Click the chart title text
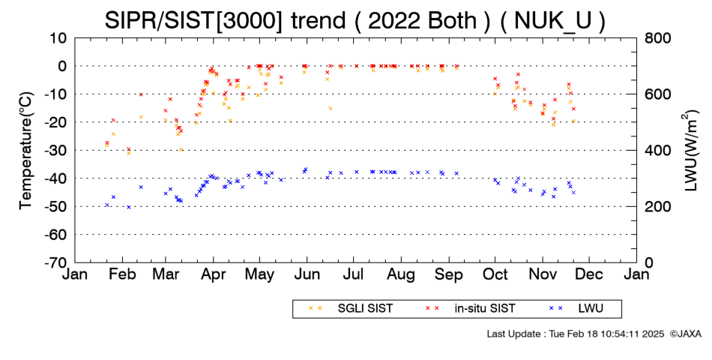355,20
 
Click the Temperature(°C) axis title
27,151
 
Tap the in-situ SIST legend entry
471,309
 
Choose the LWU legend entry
576,309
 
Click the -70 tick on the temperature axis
54,262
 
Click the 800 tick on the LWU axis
657,38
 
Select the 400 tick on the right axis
657,151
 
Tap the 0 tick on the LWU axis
649,262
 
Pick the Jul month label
354,274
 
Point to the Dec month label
589,274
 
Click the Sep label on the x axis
449,274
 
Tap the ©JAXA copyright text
686,334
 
